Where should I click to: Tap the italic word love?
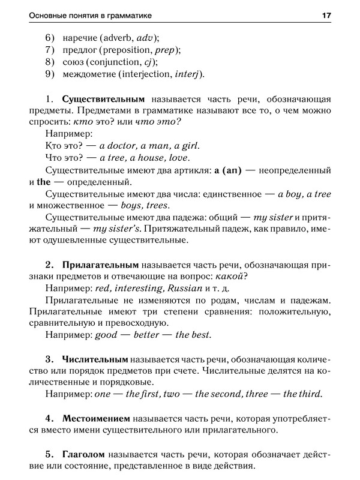tap(179, 158)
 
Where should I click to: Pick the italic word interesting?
tap(139, 289)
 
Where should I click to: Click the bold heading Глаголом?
tap(87, 454)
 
